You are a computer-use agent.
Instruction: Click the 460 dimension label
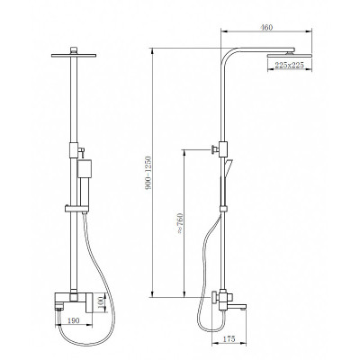click(x=266, y=27)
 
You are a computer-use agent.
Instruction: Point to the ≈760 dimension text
click(x=180, y=223)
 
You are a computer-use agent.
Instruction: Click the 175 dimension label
click(x=229, y=338)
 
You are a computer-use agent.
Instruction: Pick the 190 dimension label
click(x=73, y=320)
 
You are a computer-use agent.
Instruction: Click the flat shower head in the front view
click(x=74, y=56)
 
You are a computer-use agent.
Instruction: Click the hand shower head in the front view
click(x=84, y=168)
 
